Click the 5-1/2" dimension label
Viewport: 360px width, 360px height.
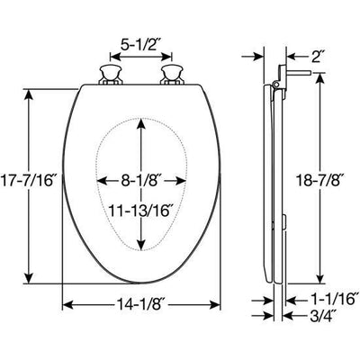click(142, 41)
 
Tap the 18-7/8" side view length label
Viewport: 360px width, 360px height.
click(319, 180)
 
